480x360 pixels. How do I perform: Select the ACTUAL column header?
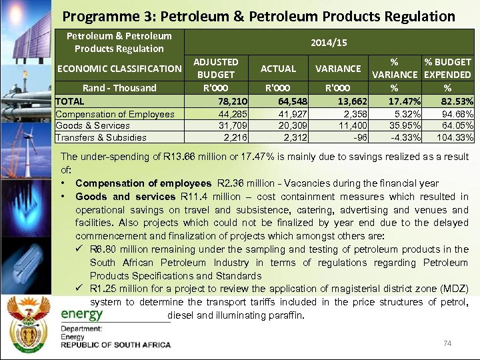point(278,68)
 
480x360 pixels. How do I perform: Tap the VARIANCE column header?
point(338,68)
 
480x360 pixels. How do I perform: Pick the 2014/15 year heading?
point(329,42)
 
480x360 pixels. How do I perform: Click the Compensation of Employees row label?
point(115,114)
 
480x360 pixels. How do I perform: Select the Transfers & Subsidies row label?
point(101,138)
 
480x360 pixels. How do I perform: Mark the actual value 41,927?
point(288,114)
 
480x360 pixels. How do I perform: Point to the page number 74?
point(447,343)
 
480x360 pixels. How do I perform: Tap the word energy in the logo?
point(82,314)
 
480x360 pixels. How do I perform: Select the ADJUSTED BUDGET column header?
point(215,68)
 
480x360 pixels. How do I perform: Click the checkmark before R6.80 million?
point(81,249)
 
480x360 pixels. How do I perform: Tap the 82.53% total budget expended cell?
point(451,101)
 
